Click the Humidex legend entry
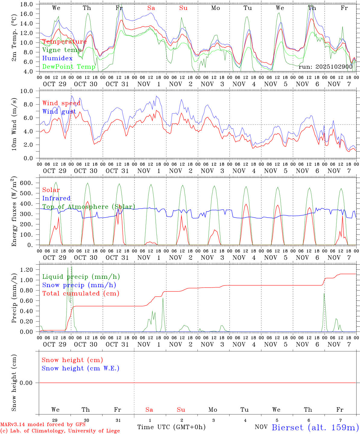click(57, 58)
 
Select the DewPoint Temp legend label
click(69, 67)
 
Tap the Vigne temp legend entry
click(62, 50)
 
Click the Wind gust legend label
click(59, 112)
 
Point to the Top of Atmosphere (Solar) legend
click(88, 207)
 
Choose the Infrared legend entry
click(56, 198)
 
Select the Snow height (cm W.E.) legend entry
click(81, 368)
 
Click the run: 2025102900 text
click(326, 67)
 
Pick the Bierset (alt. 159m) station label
click(315, 427)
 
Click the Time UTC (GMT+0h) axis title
click(171, 427)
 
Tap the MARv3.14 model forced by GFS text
click(43, 425)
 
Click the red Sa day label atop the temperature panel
click(151, 8)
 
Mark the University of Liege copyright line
click(60, 431)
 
